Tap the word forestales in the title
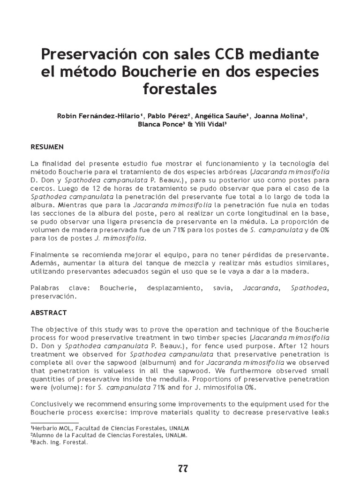(x=180, y=89)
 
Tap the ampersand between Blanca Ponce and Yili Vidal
(x=190, y=125)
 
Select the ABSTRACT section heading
(x=49, y=313)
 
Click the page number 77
(x=183, y=468)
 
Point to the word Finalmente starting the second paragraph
(x=50, y=255)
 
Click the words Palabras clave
(x=61, y=288)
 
